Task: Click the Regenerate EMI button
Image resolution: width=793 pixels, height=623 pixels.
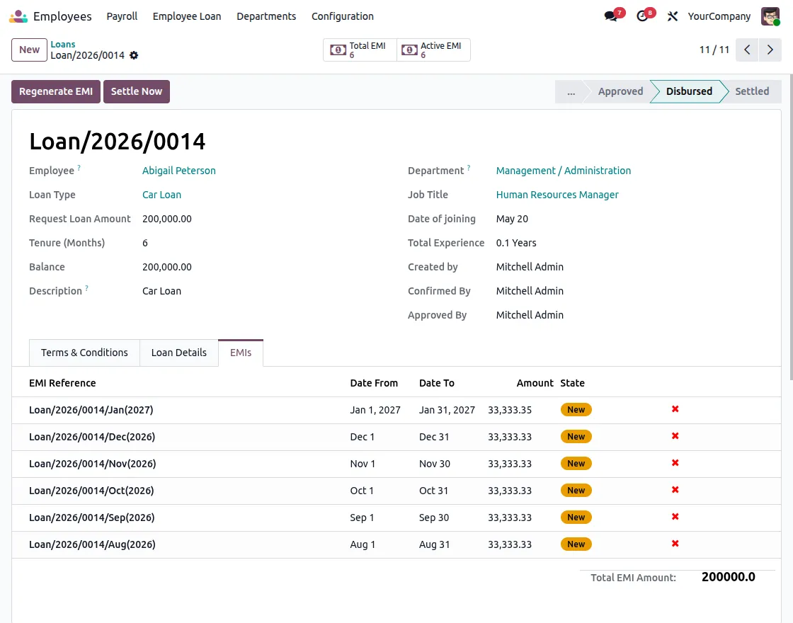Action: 56,91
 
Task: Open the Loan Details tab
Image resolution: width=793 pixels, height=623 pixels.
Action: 179,353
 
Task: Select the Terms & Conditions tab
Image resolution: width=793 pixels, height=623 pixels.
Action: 84,353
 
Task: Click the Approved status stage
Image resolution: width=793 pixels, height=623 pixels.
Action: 620,91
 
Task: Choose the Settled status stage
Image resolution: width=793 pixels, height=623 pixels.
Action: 751,91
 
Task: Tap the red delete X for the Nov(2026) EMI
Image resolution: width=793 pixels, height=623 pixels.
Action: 675,463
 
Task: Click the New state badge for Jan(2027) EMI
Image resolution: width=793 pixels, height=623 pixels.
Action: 576,410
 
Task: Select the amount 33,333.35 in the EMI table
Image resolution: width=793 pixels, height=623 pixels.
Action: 510,410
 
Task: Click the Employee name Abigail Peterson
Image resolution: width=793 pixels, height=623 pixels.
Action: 179,171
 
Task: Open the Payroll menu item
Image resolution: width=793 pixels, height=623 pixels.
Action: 122,16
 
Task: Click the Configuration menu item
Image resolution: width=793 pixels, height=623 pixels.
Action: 343,16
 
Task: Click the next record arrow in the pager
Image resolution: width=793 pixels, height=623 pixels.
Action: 770,50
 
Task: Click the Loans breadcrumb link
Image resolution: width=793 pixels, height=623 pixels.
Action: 63,44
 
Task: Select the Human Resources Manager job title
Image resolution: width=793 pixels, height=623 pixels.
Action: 557,195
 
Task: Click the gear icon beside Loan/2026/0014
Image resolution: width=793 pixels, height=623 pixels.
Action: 134,55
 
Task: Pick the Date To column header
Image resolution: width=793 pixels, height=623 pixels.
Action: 437,383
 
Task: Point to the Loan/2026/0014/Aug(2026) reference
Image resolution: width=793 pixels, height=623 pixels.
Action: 92,544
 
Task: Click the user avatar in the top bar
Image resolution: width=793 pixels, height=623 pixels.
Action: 770,16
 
